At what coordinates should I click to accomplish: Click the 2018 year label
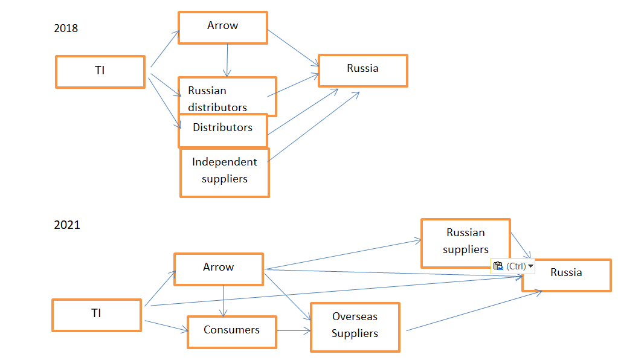point(66,28)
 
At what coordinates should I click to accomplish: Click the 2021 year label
point(66,225)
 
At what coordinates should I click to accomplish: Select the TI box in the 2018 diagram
point(100,71)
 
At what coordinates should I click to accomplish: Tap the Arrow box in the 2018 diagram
point(223,27)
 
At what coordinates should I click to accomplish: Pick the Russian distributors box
point(227,97)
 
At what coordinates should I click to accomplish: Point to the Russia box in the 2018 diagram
point(362,70)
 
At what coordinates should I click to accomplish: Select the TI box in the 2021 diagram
point(97,315)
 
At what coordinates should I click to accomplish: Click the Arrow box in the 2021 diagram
point(219,269)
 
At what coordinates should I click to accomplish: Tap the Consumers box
point(231,332)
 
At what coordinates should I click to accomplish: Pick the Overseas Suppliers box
point(355,327)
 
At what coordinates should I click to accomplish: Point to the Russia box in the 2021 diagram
point(566,275)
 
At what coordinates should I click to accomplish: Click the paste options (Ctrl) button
point(513,266)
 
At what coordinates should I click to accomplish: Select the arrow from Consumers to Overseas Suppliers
point(294,331)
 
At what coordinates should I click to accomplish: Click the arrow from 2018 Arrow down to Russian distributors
point(227,60)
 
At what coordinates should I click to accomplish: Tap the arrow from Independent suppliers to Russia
point(314,126)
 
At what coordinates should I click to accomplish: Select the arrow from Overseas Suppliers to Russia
point(474,310)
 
